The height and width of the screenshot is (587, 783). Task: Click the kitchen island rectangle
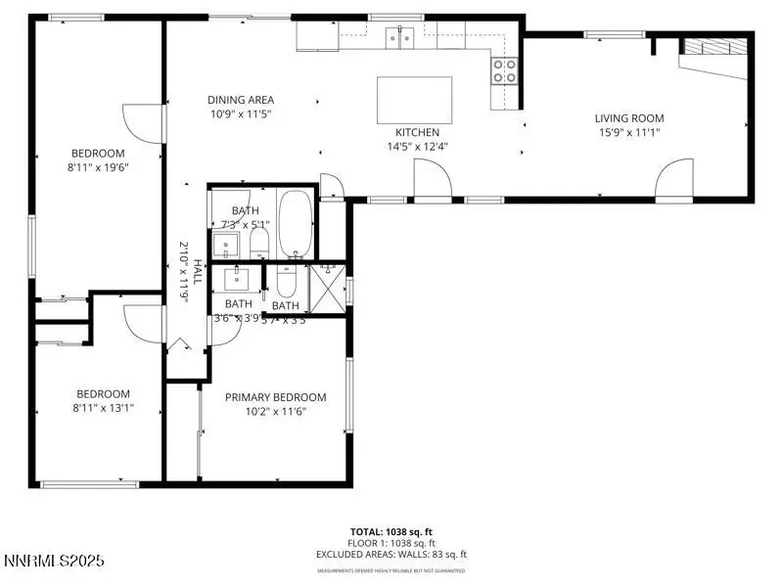click(415, 100)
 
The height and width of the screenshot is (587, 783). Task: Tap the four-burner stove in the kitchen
click(504, 70)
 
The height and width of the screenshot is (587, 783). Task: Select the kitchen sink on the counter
click(400, 38)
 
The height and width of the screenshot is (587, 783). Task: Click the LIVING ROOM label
click(629, 118)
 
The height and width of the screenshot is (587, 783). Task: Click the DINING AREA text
click(241, 100)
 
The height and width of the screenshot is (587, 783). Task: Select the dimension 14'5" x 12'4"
click(417, 147)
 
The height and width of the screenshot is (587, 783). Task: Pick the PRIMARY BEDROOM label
click(275, 397)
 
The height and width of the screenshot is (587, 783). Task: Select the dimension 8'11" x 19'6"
click(98, 167)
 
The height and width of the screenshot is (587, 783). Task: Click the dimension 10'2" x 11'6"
click(275, 412)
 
